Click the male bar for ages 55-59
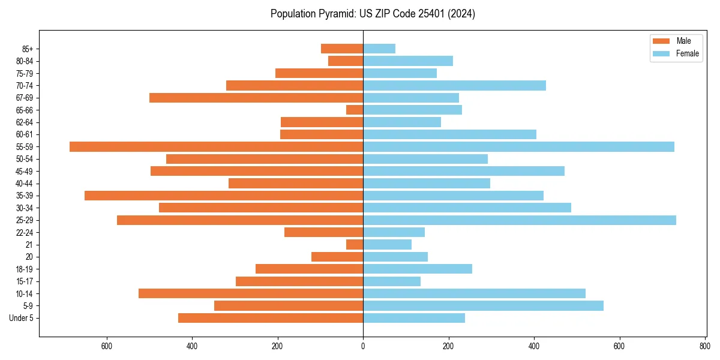tap(216, 146)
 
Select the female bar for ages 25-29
tap(520, 220)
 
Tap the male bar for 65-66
tap(355, 110)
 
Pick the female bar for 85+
tap(379, 49)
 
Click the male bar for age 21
tap(355, 244)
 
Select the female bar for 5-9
tap(483, 305)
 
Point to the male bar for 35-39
tap(224, 196)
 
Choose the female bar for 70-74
tap(454, 85)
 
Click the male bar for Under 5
tap(271, 318)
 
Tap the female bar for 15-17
tap(392, 281)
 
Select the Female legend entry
tap(675, 53)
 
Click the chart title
tap(373, 14)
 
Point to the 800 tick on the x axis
tap(704, 346)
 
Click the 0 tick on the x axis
tap(363, 346)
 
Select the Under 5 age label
tap(21, 318)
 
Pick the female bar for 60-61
tap(449, 134)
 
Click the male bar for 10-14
tap(251, 293)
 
